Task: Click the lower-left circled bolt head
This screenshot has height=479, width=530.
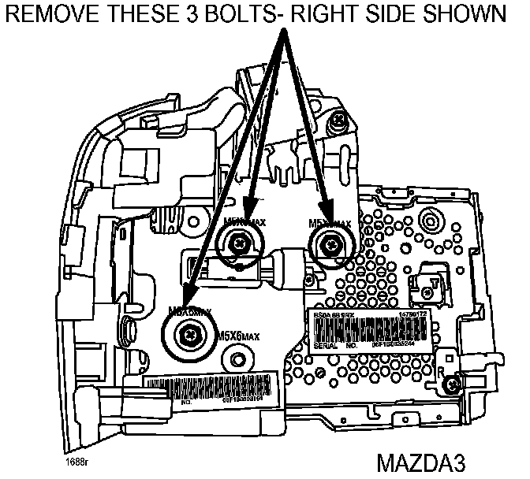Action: [189, 334]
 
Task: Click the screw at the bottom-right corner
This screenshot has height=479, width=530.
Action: [451, 384]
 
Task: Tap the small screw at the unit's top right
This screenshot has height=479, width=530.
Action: [338, 121]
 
